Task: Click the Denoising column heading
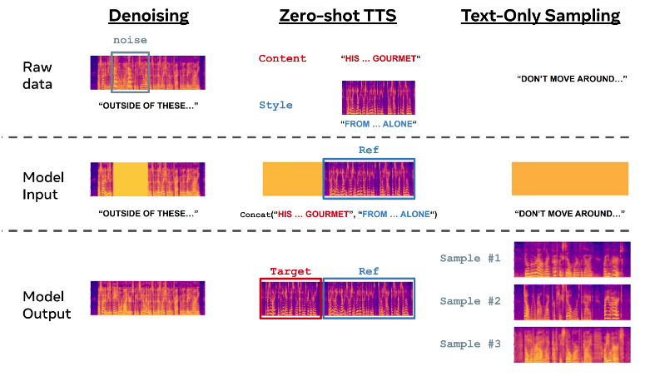click(x=148, y=15)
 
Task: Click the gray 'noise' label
click(x=129, y=40)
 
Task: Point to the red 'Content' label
click(x=282, y=58)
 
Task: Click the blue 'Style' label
click(x=275, y=106)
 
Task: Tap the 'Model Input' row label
click(x=44, y=186)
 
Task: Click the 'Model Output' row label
click(x=47, y=305)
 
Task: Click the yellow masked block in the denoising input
click(x=129, y=179)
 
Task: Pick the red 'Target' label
click(x=290, y=271)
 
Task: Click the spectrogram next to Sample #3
click(x=571, y=344)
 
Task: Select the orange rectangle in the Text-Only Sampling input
click(x=569, y=179)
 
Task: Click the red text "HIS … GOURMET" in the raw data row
click(x=380, y=58)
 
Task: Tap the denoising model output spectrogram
click(x=148, y=299)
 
